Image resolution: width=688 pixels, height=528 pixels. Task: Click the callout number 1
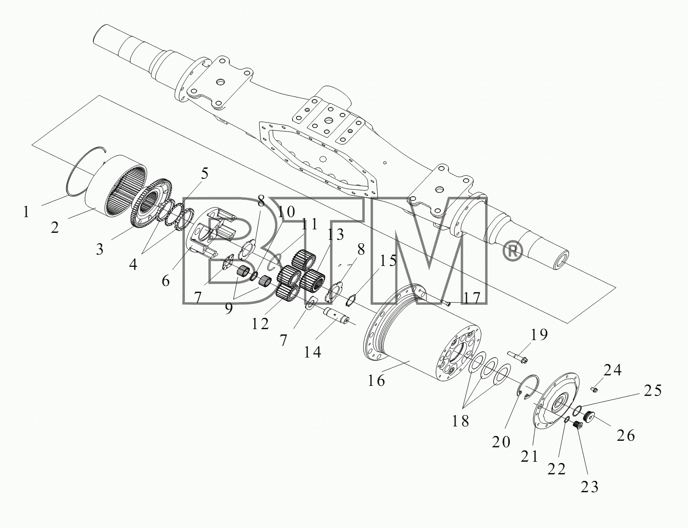(x=26, y=212)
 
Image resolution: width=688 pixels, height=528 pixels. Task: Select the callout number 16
(x=376, y=381)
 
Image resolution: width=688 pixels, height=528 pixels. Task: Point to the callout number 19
(x=538, y=334)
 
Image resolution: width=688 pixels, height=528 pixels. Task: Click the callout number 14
(x=312, y=352)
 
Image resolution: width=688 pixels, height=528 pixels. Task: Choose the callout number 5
(x=204, y=174)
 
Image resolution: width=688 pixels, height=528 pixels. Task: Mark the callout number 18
(x=460, y=421)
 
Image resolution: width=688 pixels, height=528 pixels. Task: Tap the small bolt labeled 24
(x=594, y=389)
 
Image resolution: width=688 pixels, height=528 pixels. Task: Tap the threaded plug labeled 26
(x=589, y=416)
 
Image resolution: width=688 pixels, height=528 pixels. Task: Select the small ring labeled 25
(x=576, y=411)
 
